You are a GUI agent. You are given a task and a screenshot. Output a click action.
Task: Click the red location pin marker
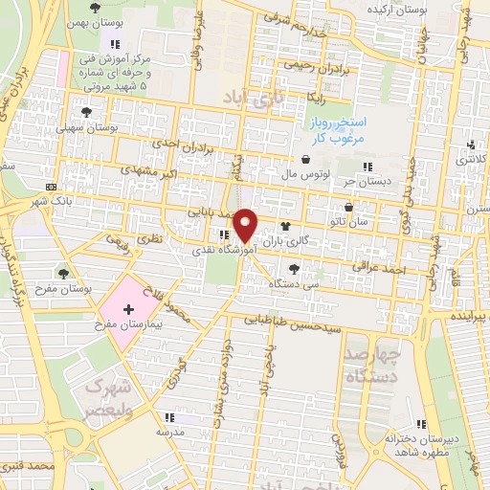[x=245, y=225]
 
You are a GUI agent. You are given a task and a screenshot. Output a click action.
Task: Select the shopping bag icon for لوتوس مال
[x=304, y=160]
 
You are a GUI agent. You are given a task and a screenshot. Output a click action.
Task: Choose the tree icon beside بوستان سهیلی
[x=86, y=112]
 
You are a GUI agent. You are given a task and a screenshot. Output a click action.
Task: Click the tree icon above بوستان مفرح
[x=64, y=274]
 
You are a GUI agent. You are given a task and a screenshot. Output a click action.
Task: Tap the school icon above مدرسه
[x=169, y=417]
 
